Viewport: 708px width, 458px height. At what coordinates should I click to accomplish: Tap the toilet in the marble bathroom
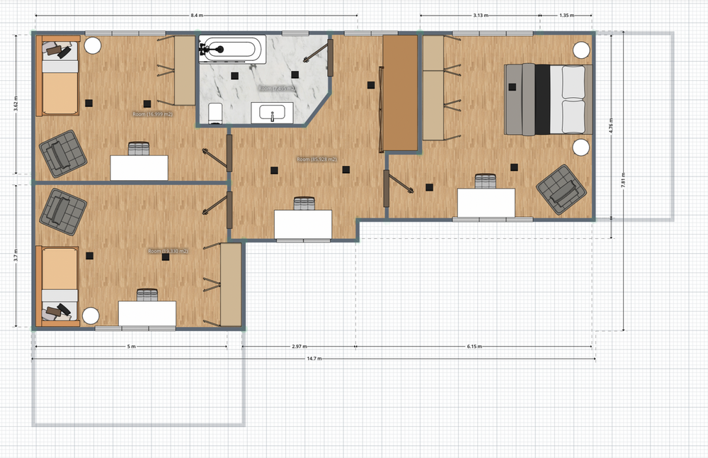tap(215, 112)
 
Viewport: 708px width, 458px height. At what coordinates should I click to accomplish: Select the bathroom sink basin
tap(273, 113)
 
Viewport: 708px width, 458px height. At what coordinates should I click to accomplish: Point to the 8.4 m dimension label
tap(198, 15)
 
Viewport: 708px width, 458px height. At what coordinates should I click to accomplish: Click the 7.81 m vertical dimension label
tap(623, 181)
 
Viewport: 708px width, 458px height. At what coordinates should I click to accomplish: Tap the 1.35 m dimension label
tap(566, 15)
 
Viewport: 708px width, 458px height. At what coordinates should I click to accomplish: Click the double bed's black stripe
tap(543, 99)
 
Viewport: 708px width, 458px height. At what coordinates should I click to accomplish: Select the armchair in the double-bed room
tap(562, 189)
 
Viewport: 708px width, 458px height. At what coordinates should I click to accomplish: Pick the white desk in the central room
tap(303, 225)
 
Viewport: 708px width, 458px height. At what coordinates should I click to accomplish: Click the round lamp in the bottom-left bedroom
tap(90, 315)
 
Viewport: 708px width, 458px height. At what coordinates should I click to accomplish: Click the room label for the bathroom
tap(275, 89)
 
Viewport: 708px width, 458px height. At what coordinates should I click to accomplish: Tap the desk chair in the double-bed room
tap(486, 181)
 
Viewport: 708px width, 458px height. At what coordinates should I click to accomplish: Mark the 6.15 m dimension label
tap(474, 347)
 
